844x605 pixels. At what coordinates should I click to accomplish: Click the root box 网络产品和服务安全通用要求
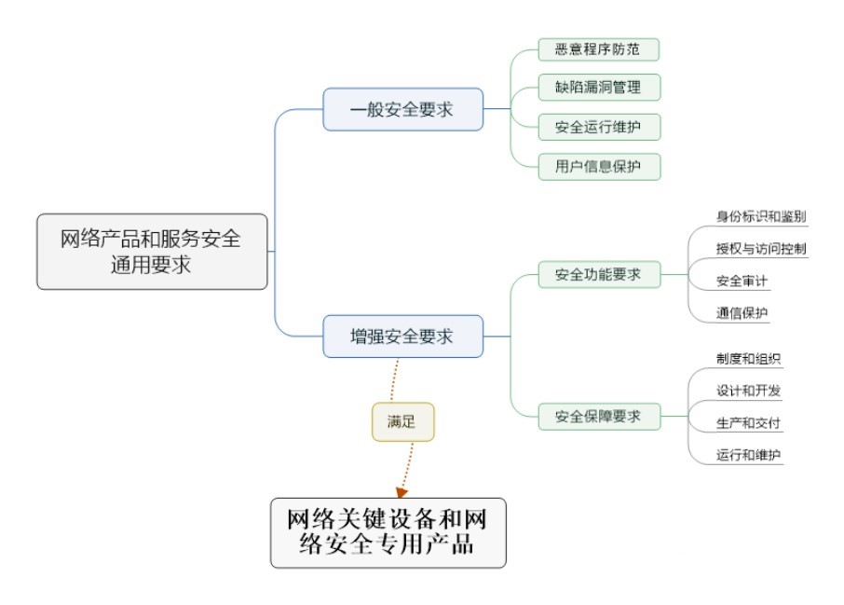coord(152,252)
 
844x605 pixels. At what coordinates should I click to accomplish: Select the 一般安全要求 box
coord(402,109)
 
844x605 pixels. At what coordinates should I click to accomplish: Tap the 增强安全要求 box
coord(402,337)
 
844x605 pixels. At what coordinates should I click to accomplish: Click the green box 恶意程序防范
coord(599,48)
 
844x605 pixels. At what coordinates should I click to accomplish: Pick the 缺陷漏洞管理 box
coord(599,88)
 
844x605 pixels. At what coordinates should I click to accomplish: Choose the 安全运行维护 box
coord(599,127)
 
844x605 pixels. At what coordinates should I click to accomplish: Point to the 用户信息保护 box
coord(599,167)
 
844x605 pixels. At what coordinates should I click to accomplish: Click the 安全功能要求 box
coord(599,275)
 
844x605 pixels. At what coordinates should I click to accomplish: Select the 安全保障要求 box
coord(599,416)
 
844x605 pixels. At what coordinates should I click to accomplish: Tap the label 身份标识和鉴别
coord(761,217)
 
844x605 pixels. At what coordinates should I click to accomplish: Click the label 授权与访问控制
coord(761,249)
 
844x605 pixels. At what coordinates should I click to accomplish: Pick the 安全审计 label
coord(742,281)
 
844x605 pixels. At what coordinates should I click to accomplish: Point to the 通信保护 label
coord(742,312)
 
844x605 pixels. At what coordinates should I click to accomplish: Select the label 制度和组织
coord(748,360)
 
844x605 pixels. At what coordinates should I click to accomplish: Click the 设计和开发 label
coord(748,392)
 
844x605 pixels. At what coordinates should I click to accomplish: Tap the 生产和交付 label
coord(748,423)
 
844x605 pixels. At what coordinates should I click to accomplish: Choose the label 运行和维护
coord(748,455)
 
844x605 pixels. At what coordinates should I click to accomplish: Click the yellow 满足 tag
coord(402,422)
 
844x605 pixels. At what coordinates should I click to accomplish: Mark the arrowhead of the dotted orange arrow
coord(402,491)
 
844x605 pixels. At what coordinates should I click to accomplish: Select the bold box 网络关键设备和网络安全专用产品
coord(388,532)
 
